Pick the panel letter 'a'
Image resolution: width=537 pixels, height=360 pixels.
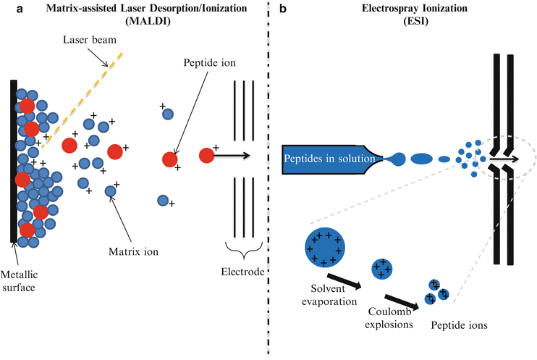[7, 7]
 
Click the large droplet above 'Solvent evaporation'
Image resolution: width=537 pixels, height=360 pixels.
[324, 246]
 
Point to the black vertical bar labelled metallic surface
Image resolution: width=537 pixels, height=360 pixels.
[14, 159]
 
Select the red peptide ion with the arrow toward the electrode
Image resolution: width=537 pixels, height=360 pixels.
[207, 154]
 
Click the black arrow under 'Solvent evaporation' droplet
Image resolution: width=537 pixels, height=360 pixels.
[344, 281]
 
